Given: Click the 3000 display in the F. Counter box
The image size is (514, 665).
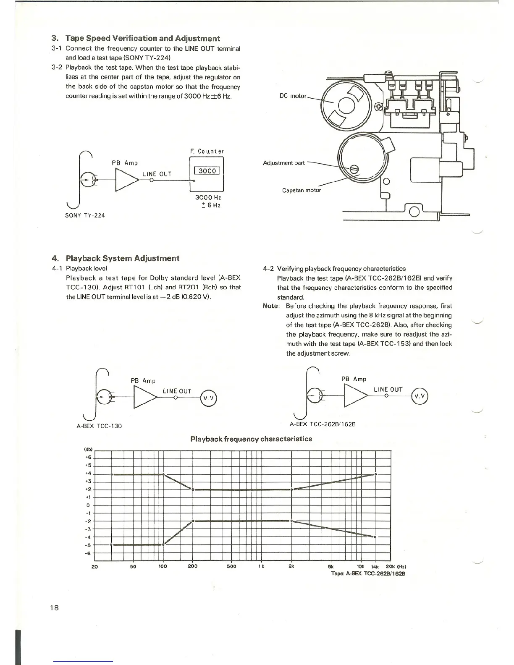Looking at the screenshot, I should coord(207,171).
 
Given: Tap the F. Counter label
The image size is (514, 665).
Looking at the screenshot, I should coord(207,151).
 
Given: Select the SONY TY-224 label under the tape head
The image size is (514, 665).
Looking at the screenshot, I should coord(85,215).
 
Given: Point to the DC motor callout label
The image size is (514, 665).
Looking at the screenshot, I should coord(293,96).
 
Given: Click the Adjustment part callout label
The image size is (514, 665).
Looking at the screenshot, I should coord(284,163).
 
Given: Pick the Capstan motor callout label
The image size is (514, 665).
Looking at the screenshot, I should coord(302,190).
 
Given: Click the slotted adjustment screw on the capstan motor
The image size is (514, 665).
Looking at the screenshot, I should coord(354,169).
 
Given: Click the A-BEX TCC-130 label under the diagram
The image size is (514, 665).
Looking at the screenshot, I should coord(99,426).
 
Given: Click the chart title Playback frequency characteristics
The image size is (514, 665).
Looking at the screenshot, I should coord(251,439).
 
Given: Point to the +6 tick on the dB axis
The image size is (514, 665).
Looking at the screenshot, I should coord(89,458).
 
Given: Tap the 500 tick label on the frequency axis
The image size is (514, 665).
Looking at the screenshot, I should coord(231,566).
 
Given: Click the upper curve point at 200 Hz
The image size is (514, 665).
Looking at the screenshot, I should coord(193,490).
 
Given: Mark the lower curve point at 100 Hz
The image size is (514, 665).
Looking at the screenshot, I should coord(163,545).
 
